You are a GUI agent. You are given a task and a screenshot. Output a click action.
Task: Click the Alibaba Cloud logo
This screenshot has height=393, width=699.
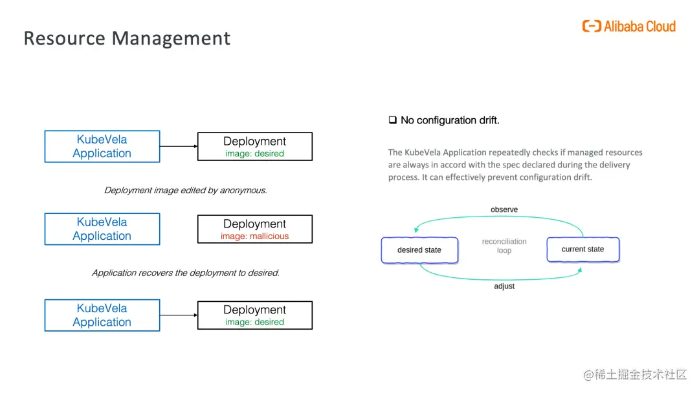click(628, 27)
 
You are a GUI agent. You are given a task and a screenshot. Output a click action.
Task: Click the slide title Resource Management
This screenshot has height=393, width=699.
click(127, 38)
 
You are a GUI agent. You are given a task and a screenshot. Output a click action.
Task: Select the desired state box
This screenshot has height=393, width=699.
click(419, 250)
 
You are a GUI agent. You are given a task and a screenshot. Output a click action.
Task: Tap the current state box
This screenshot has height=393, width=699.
click(582, 250)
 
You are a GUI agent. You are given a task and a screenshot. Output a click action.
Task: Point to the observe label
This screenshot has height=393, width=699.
click(504, 209)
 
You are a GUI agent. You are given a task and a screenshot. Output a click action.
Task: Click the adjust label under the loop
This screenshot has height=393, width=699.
click(504, 286)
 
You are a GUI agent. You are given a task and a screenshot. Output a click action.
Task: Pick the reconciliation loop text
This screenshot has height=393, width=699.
click(504, 246)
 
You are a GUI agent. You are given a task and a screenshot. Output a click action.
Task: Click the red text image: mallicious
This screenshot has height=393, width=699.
click(254, 237)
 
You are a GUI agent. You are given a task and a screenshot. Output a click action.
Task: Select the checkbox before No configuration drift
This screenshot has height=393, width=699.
click(392, 120)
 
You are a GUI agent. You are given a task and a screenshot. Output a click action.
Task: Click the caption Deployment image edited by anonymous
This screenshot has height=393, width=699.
click(185, 190)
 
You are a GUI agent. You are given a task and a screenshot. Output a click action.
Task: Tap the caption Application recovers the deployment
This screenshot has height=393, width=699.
click(185, 273)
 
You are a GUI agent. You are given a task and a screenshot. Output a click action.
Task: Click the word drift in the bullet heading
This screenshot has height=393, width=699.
click(487, 120)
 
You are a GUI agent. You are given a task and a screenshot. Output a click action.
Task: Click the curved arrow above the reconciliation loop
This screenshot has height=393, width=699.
click(498, 218)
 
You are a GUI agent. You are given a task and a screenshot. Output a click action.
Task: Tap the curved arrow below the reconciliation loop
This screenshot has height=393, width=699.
click(498, 278)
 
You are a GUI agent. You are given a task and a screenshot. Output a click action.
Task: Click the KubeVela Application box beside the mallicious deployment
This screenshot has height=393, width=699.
click(102, 229)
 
